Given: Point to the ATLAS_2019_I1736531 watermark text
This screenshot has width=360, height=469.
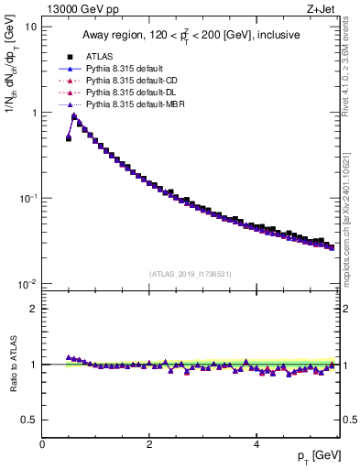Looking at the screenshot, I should point(190,275).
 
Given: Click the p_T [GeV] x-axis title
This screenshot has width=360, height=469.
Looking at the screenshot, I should point(314,455).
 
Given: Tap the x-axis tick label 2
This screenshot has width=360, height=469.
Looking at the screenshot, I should point(149,442).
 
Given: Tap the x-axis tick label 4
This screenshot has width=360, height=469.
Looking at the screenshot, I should point(256,442).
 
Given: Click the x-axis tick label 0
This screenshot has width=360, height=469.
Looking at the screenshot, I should point(43,442).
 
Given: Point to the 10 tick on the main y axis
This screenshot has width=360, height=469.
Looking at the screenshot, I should point(30,27).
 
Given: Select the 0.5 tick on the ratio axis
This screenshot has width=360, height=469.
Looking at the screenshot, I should point(28,420).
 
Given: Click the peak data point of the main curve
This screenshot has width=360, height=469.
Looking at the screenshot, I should point(74,116).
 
